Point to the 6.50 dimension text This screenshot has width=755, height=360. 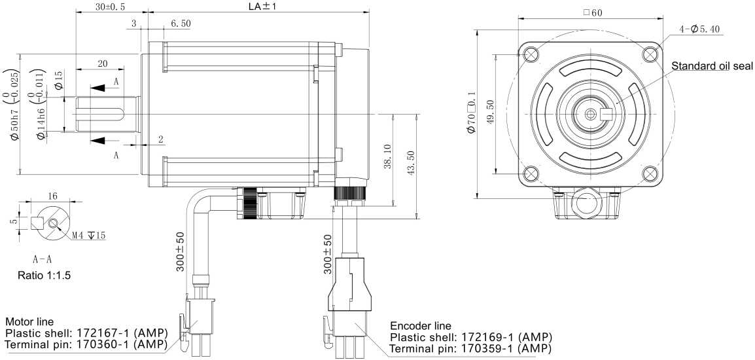pyautogui.click(x=181, y=24)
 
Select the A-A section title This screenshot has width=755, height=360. pyautogui.click(x=43, y=259)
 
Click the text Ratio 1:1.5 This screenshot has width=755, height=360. pyautogui.click(x=44, y=276)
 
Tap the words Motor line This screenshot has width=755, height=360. pyautogui.click(x=30, y=322)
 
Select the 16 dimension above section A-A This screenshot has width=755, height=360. pyautogui.click(x=52, y=196)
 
